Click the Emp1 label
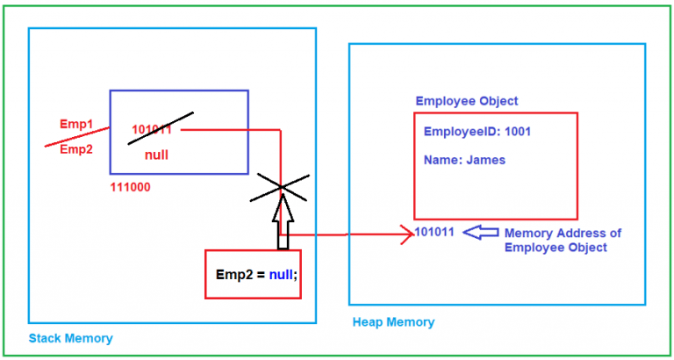[x=76, y=124]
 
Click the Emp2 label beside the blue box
[x=76, y=149]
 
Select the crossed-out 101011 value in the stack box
[x=152, y=130]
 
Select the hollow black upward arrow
[x=282, y=221]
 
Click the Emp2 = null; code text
[x=257, y=274]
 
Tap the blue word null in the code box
[x=280, y=274]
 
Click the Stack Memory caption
[x=71, y=338]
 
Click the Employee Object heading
[x=467, y=101]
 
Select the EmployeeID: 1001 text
[x=477, y=132]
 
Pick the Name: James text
[x=464, y=161]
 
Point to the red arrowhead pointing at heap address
[x=406, y=234]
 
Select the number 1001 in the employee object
[x=516, y=132]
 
